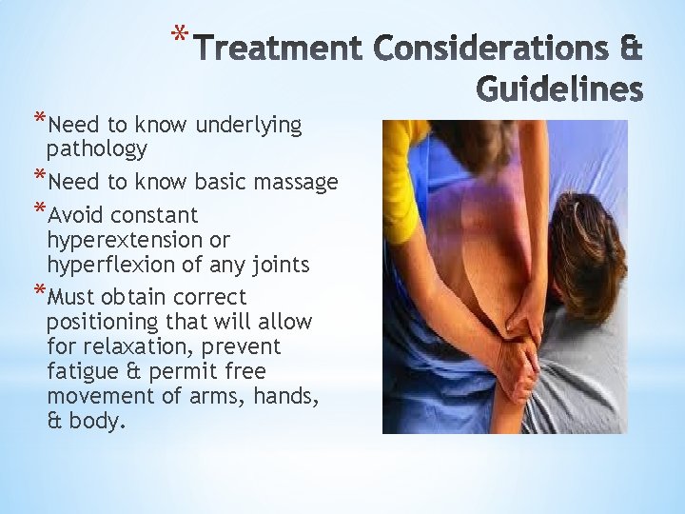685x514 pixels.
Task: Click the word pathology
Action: click(96, 148)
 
